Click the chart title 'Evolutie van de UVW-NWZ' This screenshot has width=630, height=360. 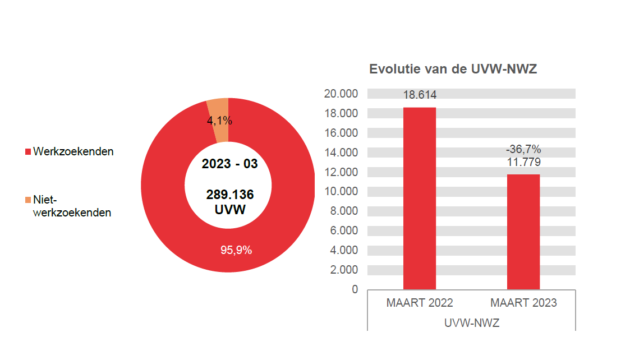tap(453, 70)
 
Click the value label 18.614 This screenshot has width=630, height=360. tap(420, 95)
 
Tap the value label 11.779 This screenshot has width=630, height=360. tap(523, 162)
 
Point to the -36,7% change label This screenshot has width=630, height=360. tap(523, 149)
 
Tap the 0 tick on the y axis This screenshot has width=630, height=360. tap(354, 289)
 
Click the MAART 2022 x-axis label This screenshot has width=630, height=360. tap(420, 303)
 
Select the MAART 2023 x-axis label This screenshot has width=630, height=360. tap(523, 303)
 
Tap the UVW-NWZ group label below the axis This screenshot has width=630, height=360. tap(471, 324)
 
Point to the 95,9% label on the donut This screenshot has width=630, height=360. tap(236, 250)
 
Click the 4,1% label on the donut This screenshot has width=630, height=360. tap(219, 121)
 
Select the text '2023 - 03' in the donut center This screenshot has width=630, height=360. tap(229, 164)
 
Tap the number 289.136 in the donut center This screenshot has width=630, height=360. tap(229, 195)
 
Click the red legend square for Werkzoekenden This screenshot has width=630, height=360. tap(27, 152)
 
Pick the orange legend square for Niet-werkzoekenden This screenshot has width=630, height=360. tap(27, 200)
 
